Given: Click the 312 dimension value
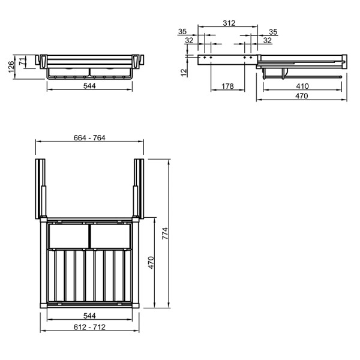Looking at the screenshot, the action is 229,23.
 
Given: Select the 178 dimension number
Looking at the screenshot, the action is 227,86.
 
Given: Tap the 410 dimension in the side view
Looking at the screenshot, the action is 302,86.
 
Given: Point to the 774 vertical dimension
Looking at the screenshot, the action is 165,233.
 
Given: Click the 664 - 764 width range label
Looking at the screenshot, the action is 89,138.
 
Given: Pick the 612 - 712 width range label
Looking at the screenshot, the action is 89,327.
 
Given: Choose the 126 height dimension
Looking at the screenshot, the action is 11,67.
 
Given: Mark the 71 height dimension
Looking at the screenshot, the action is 22,62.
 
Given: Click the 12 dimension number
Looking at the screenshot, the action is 184,73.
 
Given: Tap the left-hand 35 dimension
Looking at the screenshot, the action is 182,31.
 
